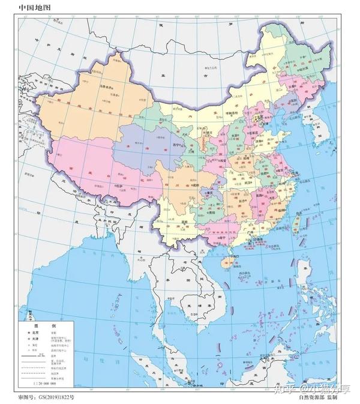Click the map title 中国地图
click(x=34, y=8)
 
